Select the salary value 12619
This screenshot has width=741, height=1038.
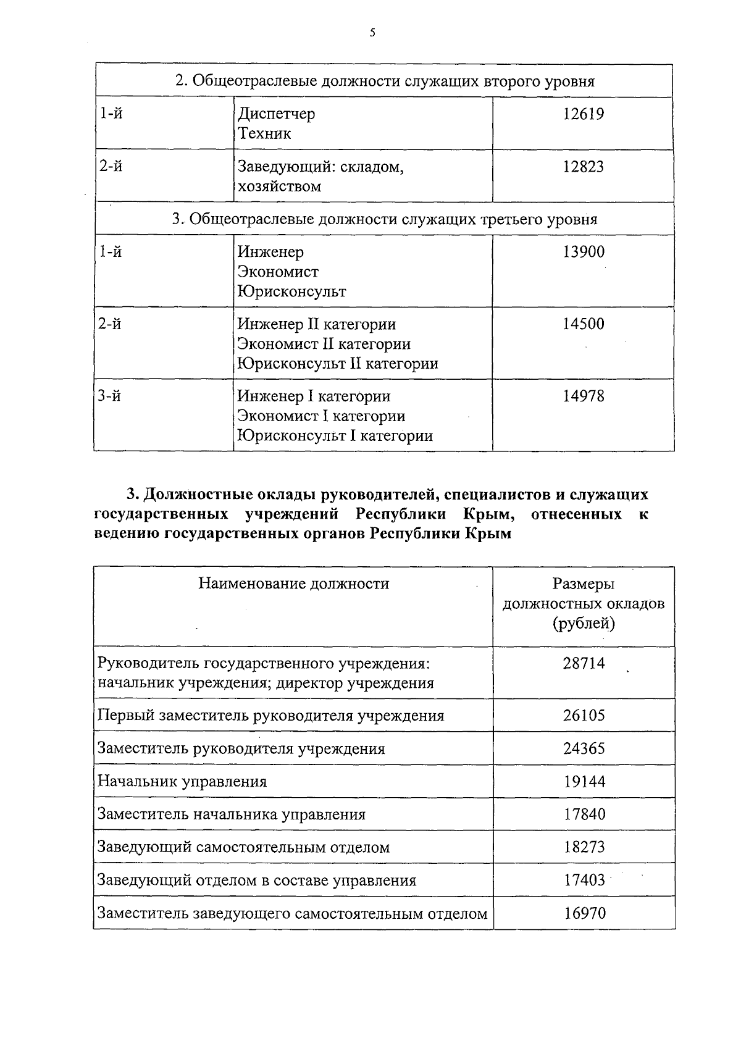coord(583,114)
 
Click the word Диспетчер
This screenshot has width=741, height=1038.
coord(277,114)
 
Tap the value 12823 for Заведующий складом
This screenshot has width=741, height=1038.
coord(583,167)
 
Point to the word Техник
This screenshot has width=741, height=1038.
coord(264,134)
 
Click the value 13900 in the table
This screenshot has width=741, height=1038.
coord(583,252)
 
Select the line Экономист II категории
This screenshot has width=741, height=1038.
coord(324,344)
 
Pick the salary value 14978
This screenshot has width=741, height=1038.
coord(583,396)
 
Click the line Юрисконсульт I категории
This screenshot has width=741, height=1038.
coord(335,436)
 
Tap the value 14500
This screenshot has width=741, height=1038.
coord(583,324)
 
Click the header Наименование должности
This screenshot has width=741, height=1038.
coord(294,584)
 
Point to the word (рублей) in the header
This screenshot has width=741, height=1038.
coord(584,624)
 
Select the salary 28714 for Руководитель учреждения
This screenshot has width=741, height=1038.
coord(584,664)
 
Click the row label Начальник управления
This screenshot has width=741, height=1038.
coord(182,782)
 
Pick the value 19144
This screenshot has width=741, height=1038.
coord(584,782)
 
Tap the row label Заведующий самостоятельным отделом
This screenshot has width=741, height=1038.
coord(244,847)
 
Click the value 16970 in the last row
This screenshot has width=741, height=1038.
coord(584,913)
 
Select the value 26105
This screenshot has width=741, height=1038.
coord(584,716)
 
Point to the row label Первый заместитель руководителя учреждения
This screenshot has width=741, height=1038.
coord(271,716)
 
